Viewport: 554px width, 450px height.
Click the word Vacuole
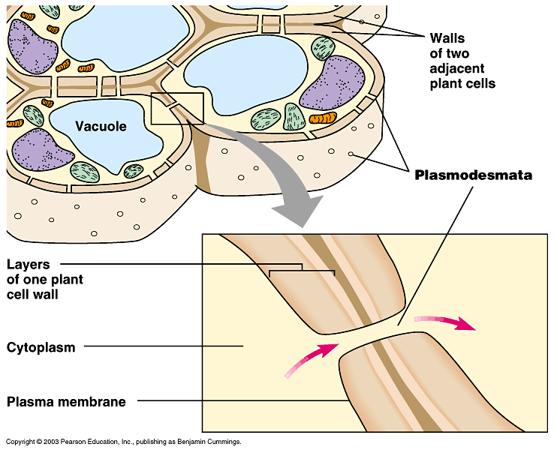click(101, 126)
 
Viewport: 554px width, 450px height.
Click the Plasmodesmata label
click(473, 175)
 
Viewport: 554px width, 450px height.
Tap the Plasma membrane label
click(66, 401)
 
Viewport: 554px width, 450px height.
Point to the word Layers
click(29, 264)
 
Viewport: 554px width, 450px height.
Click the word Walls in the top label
click(447, 37)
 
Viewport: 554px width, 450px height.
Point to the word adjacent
click(452, 68)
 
